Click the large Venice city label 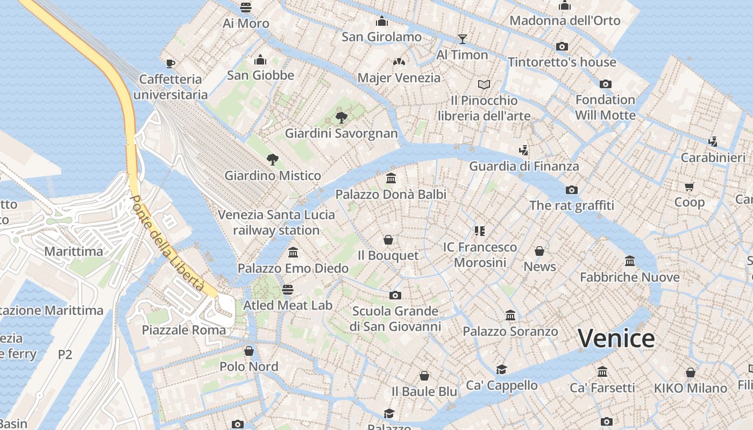coord(616,339)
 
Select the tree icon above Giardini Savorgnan coord(341,117)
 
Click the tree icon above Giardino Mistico coord(273,159)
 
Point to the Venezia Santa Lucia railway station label coord(276,223)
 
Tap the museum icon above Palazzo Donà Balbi coord(391,178)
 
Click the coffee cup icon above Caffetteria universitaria coord(171,63)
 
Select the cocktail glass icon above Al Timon coord(462,39)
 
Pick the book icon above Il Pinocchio coord(484,84)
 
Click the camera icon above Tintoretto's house coord(562,47)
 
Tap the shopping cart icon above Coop coord(690,187)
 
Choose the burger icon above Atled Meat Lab coord(288,290)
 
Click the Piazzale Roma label coord(184,329)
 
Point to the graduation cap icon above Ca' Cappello coord(501,369)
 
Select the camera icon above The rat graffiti coord(572,190)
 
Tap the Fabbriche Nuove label coord(630,277)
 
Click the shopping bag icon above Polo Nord coord(249,351)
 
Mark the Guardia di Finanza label coord(524,166)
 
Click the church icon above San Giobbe coord(260,59)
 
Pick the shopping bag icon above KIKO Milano coord(691,372)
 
